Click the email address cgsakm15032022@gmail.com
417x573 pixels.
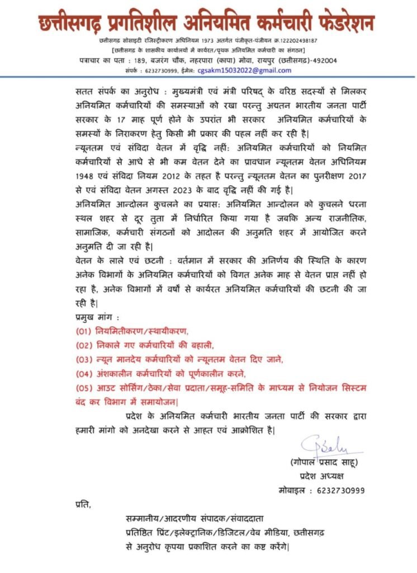point(249,71)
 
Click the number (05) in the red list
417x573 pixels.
point(84,387)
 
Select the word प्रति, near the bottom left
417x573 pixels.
point(82,506)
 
